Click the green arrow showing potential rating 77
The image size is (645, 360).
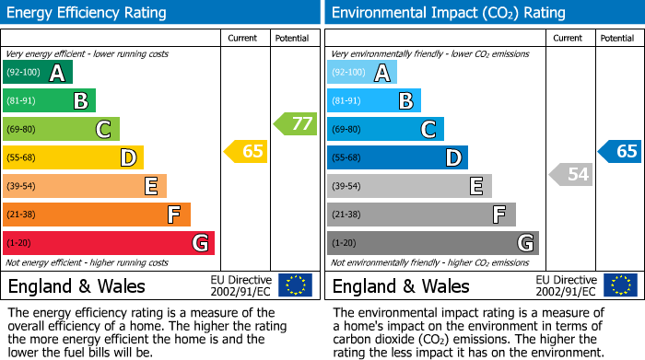pyautogui.click(x=295, y=123)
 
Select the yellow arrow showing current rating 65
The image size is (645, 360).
pyautogui.click(x=246, y=151)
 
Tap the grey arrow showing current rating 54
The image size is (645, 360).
pyautogui.click(x=570, y=174)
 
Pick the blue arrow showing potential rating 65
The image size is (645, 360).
pyautogui.click(x=620, y=151)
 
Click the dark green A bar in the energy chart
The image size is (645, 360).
pyautogui.click(x=38, y=73)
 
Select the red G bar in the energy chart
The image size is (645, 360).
pyautogui.click(x=109, y=243)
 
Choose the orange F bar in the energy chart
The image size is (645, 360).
pyautogui.click(x=97, y=215)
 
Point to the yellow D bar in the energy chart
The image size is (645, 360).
pyautogui.click(x=73, y=157)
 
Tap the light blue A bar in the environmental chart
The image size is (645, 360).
pyautogui.click(x=362, y=73)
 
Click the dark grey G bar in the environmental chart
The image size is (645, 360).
pyautogui.click(x=433, y=243)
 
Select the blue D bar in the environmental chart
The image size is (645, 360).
pyautogui.click(x=397, y=157)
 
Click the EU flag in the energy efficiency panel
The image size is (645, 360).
pyautogui.click(x=295, y=285)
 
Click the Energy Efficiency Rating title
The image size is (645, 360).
pyautogui.click(x=88, y=13)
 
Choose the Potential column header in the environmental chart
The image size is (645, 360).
pyautogui.click(x=617, y=38)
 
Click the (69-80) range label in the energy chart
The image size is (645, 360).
pyautogui.click(x=23, y=130)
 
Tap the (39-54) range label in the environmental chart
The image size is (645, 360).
pyautogui.click(x=347, y=187)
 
